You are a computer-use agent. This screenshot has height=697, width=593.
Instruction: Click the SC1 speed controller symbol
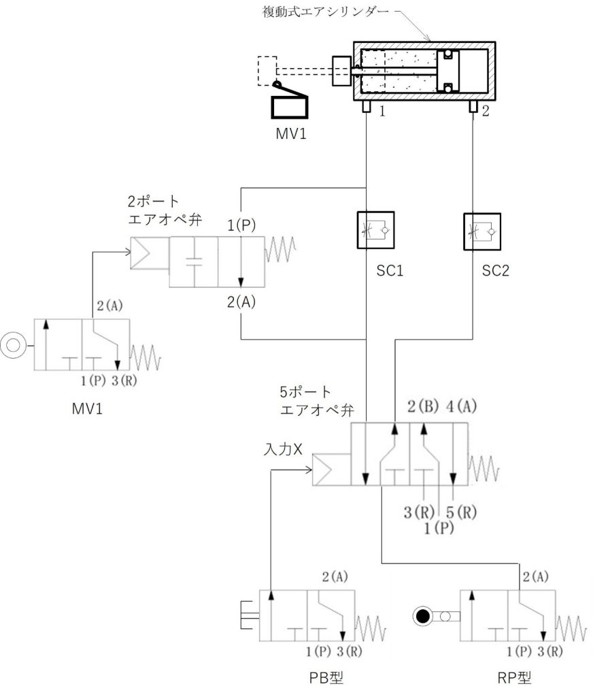375,230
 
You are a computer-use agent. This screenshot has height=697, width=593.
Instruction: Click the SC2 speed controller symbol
482,231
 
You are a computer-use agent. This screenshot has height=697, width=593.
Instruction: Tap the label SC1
390,270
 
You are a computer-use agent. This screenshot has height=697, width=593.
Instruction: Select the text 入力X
283,449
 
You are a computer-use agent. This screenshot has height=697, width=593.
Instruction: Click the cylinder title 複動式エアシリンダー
326,12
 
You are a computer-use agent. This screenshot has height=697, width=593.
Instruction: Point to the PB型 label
326,678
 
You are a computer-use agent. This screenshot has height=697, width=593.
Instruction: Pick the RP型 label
514,678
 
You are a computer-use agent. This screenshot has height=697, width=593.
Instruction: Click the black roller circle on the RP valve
422,616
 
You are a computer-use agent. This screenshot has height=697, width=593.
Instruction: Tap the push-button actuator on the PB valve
250,615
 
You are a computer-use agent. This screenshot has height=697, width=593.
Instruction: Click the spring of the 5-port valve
484,469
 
